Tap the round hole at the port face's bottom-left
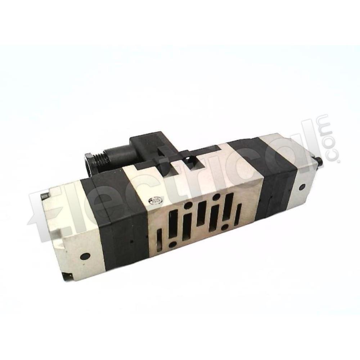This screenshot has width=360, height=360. (x=174, y=244)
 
